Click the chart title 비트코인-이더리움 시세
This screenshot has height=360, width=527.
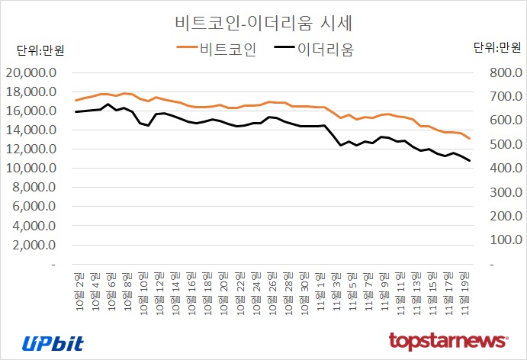[262, 21]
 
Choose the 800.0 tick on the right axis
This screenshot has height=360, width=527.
[495, 73]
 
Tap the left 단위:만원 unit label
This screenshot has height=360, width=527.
[40, 51]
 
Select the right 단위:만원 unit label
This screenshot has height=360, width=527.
[496, 47]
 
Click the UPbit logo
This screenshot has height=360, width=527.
[53, 342]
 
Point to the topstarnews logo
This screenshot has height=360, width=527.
[448, 340]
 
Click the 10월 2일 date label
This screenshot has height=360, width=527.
[77, 285]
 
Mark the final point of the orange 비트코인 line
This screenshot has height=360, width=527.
[469, 139]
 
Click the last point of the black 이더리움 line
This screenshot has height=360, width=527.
[469, 160]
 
